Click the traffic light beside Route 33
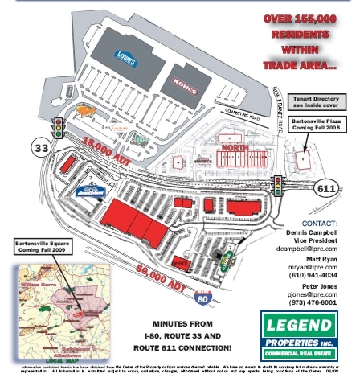coord(58,127)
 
